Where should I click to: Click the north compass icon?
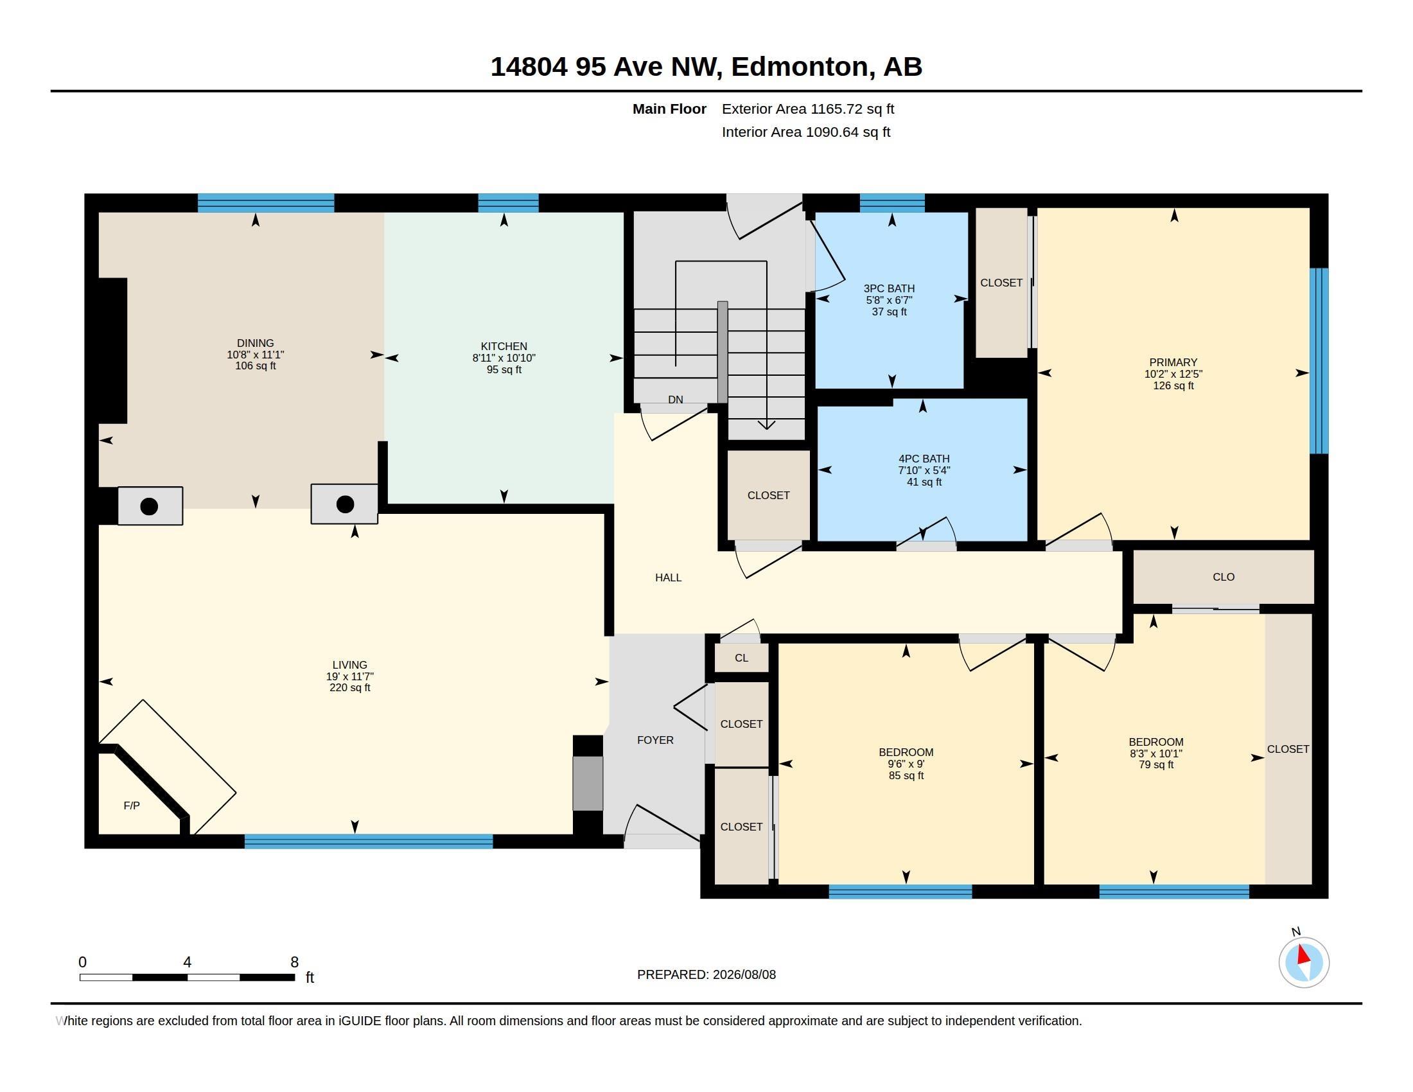[1304, 962]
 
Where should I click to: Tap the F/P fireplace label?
[131, 806]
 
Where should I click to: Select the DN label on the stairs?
[676, 400]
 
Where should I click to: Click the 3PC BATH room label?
[889, 288]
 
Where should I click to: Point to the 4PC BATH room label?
[924, 459]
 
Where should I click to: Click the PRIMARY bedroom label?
[1173, 362]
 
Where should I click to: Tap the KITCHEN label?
[504, 346]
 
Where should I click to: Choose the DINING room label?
[256, 343]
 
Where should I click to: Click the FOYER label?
[655, 740]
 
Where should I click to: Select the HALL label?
[669, 577]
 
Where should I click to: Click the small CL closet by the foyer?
[741, 658]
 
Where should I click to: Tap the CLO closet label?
[1224, 577]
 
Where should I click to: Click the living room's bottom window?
[369, 841]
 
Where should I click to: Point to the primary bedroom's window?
[1319, 361]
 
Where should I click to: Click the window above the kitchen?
[508, 203]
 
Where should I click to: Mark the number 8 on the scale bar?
[294, 962]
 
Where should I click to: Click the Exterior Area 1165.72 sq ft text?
[808, 109]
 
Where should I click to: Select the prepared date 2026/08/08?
[744, 974]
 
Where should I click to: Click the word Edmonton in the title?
[800, 67]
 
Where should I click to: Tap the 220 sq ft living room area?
[350, 688]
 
